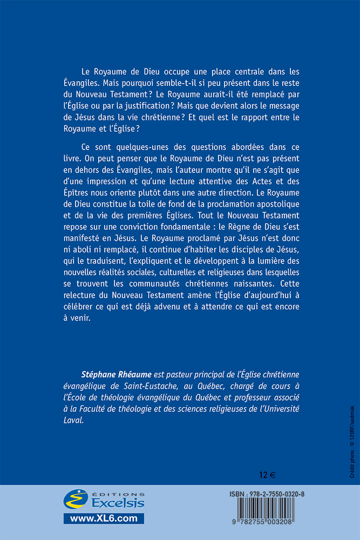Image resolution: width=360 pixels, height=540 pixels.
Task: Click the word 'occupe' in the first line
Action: pyautogui.click(x=162, y=72)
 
